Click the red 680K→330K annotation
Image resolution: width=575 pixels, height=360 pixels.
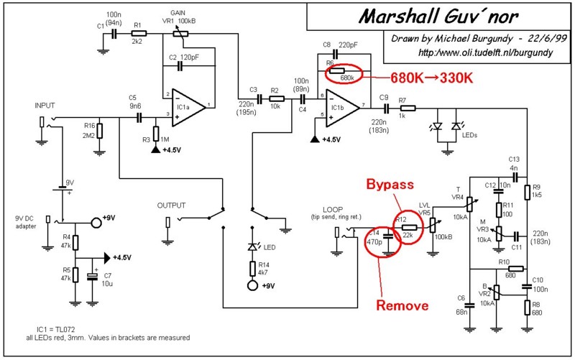pos(431,76)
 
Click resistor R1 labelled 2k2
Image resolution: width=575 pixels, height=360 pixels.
pos(139,33)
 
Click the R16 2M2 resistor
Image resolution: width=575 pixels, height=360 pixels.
pos(100,130)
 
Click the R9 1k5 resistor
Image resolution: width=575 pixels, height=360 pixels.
pos(527,192)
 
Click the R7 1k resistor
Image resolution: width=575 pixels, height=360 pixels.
pos(402,109)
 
